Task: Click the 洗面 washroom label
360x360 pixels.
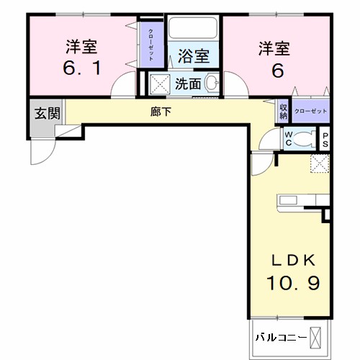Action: (189, 83)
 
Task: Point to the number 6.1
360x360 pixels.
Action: (81, 71)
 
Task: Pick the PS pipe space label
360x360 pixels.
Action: (325, 139)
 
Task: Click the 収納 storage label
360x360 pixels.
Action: (283, 111)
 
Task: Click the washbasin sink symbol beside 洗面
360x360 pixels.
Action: (211, 83)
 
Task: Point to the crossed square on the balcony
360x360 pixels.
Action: (318, 336)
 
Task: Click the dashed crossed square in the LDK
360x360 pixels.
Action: (318, 163)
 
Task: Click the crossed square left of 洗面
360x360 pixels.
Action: (161, 83)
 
